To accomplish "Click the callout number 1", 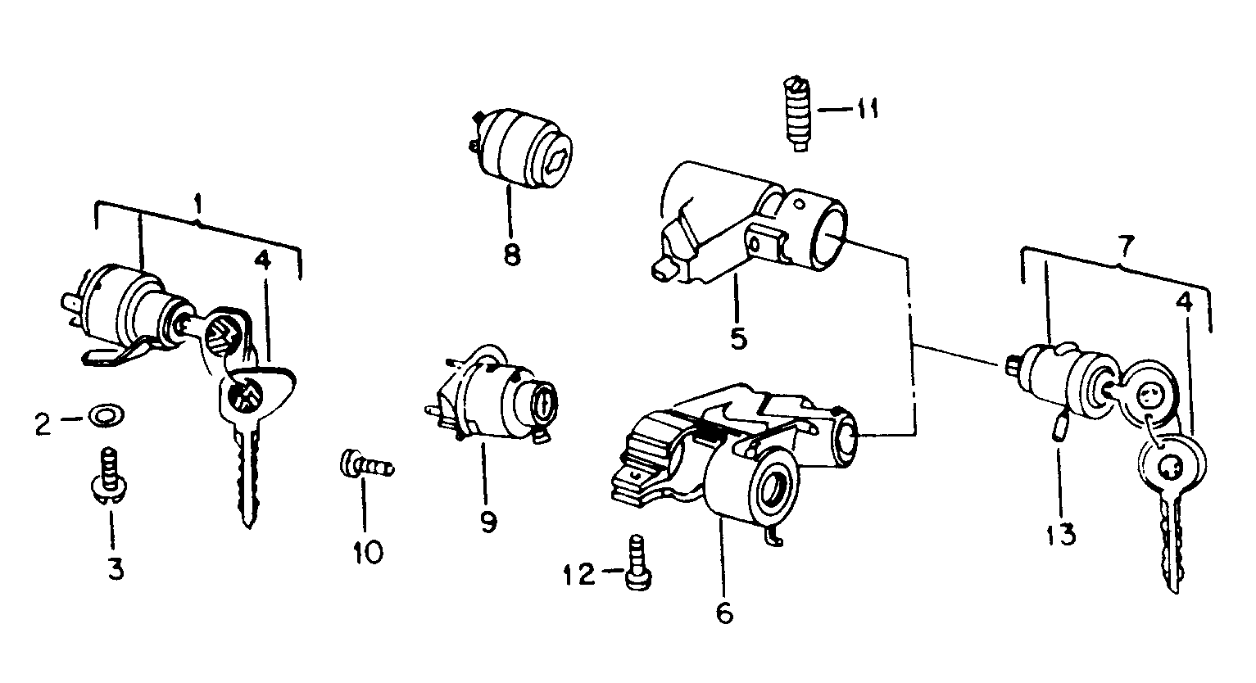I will [x=197, y=199].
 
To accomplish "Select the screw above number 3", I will [x=107, y=475].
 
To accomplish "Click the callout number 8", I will [x=511, y=255].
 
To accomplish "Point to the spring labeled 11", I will [x=797, y=115].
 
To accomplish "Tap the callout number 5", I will [x=738, y=337].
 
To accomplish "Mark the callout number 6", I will [x=723, y=613].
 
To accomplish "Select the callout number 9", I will [x=488, y=521].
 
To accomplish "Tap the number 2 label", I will [x=43, y=423].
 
